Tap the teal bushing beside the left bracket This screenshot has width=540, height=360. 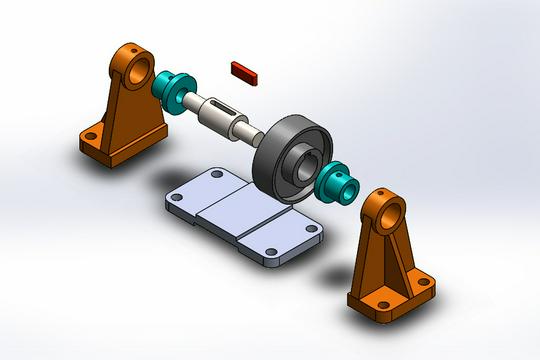[171, 88]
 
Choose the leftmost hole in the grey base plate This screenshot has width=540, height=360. [177, 198]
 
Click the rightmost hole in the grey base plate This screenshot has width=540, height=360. [311, 229]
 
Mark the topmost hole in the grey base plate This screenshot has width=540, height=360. [218, 174]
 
